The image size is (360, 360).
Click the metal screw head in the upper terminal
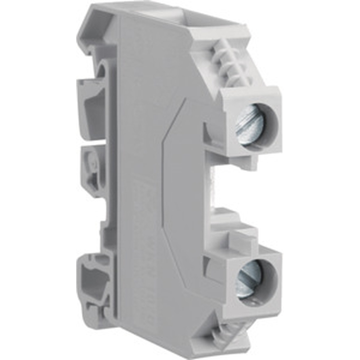coord(249,125)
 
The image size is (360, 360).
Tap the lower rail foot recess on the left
coord(95,281)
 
